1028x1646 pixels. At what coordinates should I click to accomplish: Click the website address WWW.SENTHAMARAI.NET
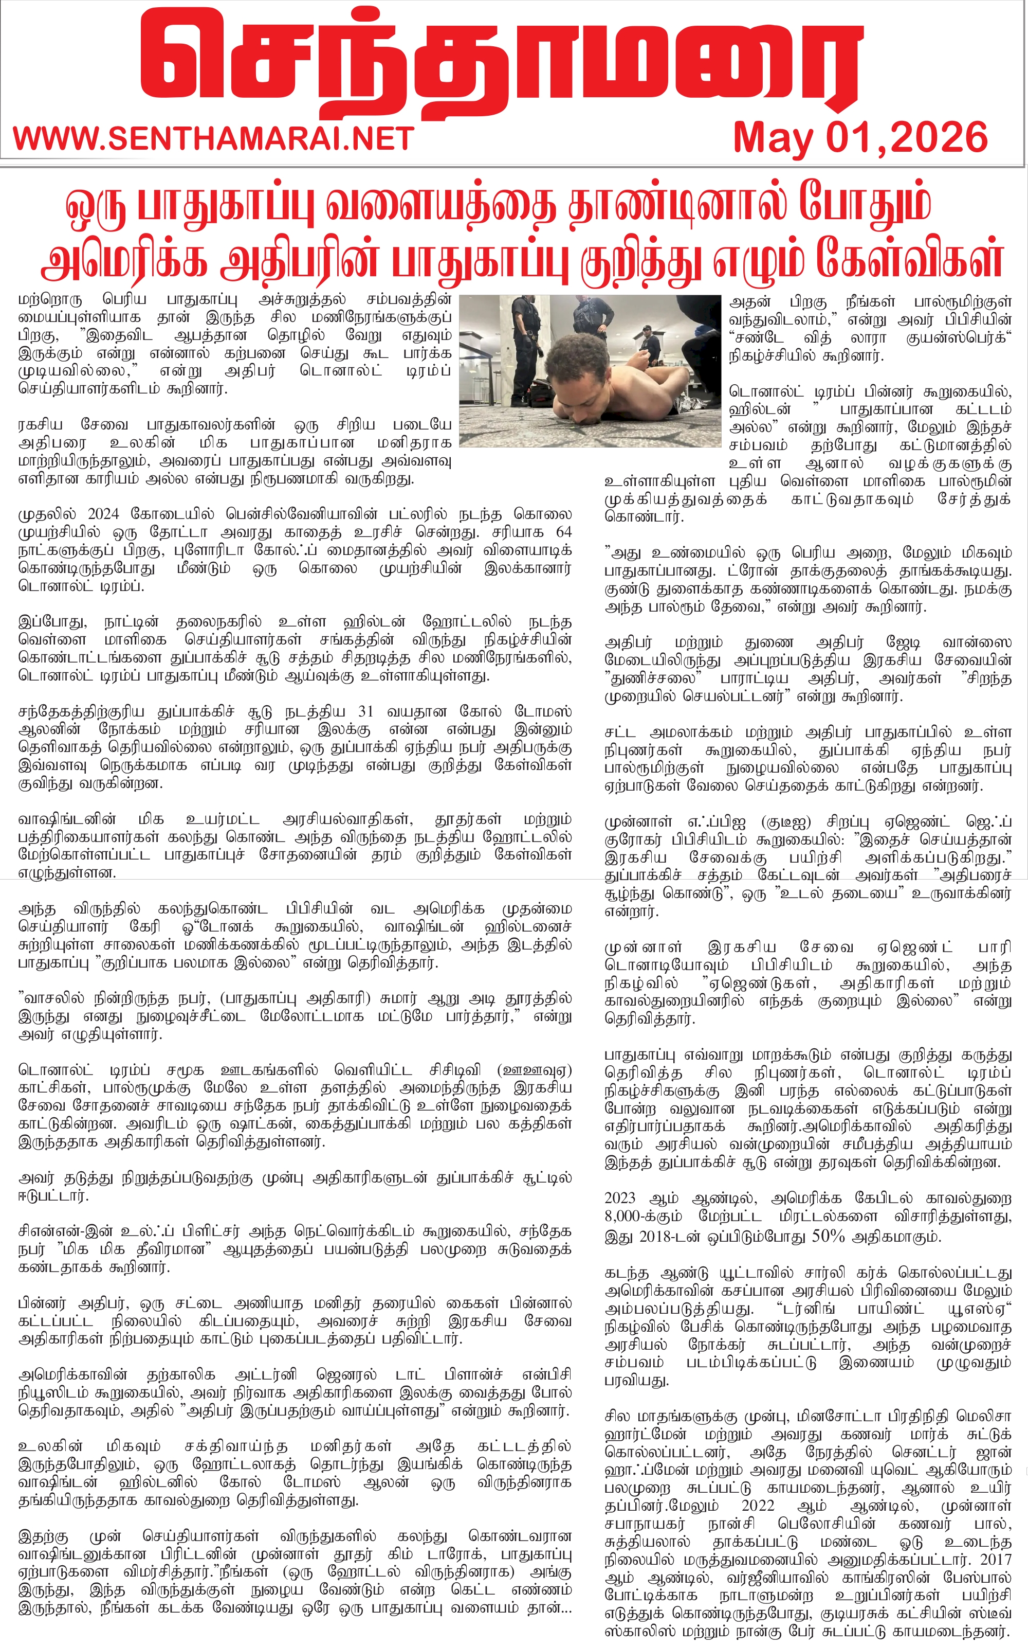click(x=213, y=139)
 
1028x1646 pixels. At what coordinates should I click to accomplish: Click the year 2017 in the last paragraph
click(x=994, y=1558)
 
